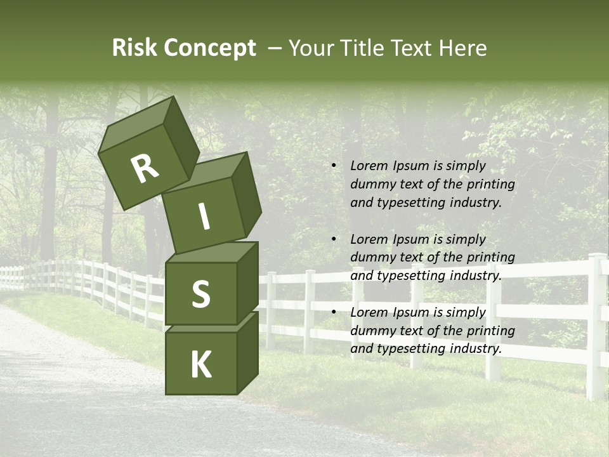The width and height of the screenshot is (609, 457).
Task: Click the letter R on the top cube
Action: point(145,169)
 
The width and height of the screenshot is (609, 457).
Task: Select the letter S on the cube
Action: point(200,295)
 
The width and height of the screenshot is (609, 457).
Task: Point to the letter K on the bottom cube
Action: point(201,365)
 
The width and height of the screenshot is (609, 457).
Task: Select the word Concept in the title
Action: point(209,48)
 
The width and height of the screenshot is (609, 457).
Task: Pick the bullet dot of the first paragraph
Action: point(334,166)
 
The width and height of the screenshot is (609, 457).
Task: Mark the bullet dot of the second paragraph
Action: point(334,239)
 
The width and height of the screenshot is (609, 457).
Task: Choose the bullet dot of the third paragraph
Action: point(334,313)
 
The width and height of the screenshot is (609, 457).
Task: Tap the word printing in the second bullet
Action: point(490,257)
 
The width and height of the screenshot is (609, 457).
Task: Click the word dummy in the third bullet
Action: point(371,331)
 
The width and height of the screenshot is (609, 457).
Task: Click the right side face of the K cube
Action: point(247,352)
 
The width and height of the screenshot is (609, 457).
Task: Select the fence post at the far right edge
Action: point(596,324)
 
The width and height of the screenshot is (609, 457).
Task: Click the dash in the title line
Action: point(275,48)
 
